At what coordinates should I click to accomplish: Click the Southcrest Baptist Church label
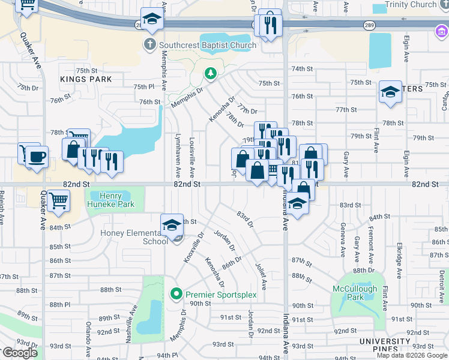(208, 45)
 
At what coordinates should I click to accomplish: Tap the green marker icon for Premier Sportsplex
(176, 295)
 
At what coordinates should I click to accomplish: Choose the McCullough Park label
(357, 293)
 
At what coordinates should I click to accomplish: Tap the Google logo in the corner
(20, 353)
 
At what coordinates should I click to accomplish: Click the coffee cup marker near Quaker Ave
(38, 158)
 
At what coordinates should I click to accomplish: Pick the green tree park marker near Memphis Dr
(210, 74)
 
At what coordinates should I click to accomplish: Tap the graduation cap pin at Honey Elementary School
(172, 225)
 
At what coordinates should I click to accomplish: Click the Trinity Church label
(411, 5)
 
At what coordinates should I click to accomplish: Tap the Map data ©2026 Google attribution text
(411, 355)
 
